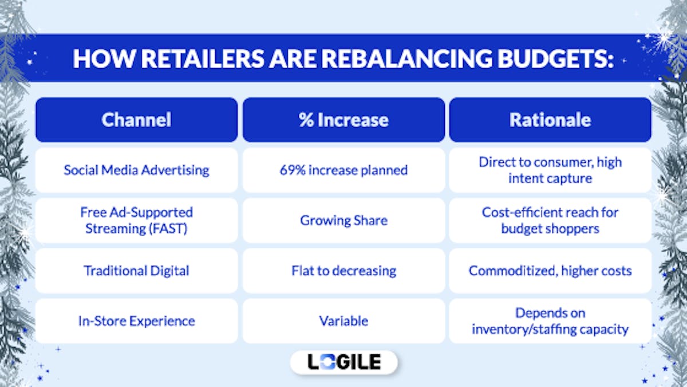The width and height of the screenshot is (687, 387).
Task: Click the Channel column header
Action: [136, 120]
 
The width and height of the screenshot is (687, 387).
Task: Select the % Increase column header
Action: [343, 120]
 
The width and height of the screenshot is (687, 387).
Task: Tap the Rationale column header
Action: [550, 120]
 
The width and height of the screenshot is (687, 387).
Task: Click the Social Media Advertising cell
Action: [136, 170]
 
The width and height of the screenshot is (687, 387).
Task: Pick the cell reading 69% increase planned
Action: [343, 170]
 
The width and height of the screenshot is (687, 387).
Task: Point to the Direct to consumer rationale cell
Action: [550, 170]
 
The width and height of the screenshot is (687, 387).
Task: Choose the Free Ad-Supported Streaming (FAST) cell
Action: [136, 220]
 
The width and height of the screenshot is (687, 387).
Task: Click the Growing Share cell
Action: [343, 220]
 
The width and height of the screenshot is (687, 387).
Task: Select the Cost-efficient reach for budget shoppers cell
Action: [550, 220]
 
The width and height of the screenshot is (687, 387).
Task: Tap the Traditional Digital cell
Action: [136, 271]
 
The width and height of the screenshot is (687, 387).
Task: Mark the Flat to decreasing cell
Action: [343, 271]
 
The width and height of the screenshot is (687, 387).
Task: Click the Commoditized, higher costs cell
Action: [550, 271]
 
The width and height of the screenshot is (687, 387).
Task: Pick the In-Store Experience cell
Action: [136, 321]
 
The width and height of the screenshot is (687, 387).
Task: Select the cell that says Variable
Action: [343, 321]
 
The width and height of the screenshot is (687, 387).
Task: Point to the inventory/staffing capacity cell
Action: [550, 321]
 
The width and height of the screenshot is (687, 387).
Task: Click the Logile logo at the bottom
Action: [343, 362]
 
